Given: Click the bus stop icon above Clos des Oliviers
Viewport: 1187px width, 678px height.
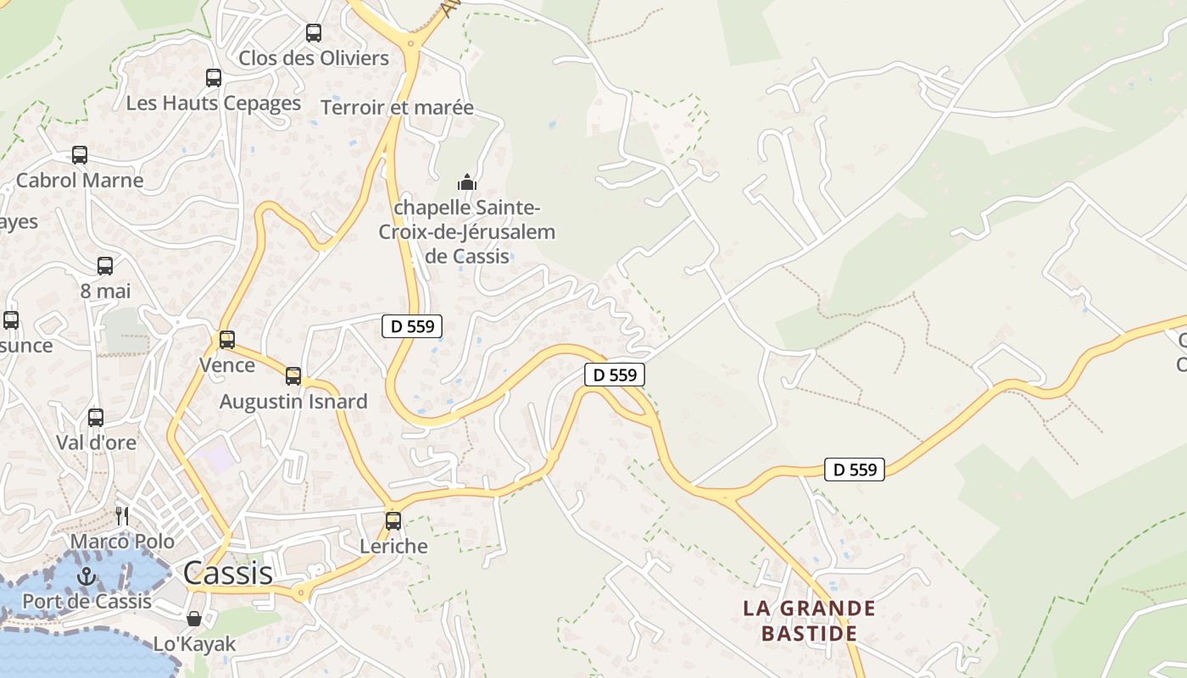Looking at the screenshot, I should pyautogui.click(x=314, y=33).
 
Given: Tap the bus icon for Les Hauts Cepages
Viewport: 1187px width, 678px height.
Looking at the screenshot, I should pyautogui.click(x=214, y=78).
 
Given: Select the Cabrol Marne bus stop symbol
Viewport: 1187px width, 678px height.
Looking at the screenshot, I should pyautogui.click(x=80, y=155).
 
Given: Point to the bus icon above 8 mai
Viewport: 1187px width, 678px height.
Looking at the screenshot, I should pyautogui.click(x=105, y=266).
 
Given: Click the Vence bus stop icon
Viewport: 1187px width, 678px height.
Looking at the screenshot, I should pyautogui.click(x=227, y=340).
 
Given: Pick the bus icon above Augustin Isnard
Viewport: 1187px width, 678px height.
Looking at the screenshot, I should pyautogui.click(x=293, y=376).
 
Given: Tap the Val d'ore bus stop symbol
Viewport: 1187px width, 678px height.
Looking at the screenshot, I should pyautogui.click(x=96, y=418).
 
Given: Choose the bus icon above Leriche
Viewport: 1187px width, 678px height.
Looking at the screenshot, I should pyautogui.click(x=393, y=521).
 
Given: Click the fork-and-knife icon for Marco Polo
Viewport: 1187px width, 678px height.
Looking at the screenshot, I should pyautogui.click(x=122, y=515).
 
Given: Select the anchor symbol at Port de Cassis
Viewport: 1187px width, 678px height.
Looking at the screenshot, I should pyautogui.click(x=86, y=576).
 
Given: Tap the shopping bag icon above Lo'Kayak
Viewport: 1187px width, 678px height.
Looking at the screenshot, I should pyautogui.click(x=194, y=619).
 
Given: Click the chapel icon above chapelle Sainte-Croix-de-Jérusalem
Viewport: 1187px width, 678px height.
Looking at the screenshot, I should pyautogui.click(x=466, y=182).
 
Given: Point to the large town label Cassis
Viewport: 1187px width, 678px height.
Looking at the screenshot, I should pyautogui.click(x=228, y=573).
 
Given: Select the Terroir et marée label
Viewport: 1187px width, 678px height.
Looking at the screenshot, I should pyautogui.click(x=397, y=108).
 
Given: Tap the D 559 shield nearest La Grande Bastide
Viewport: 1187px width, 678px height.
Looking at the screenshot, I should pyautogui.click(x=855, y=470).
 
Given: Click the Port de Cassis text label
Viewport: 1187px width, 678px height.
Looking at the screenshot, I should pyautogui.click(x=86, y=602).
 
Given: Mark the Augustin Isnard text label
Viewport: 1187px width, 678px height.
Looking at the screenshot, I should pyautogui.click(x=293, y=402).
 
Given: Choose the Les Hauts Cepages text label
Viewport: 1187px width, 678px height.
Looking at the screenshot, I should pyautogui.click(x=214, y=103).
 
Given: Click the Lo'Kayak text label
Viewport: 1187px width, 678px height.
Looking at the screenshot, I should pyautogui.click(x=194, y=644).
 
